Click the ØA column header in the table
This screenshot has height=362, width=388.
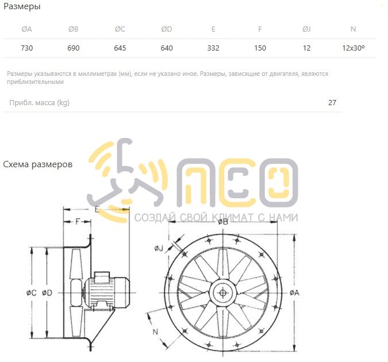[x=26, y=29]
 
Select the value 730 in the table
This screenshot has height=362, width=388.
[x=26, y=48]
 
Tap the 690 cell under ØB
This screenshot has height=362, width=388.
[x=73, y=48]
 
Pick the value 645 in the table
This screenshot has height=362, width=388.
[x=120, y=48]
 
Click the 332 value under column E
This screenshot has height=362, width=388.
[x=213, y=48]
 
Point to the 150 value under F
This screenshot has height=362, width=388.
[x=260, y=48]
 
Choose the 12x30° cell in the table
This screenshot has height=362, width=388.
[x=354, y=48]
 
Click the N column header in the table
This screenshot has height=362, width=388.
[x=354, y=29]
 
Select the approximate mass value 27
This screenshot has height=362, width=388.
[x=332, y=103]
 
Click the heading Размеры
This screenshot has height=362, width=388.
[x=22, y=6]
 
